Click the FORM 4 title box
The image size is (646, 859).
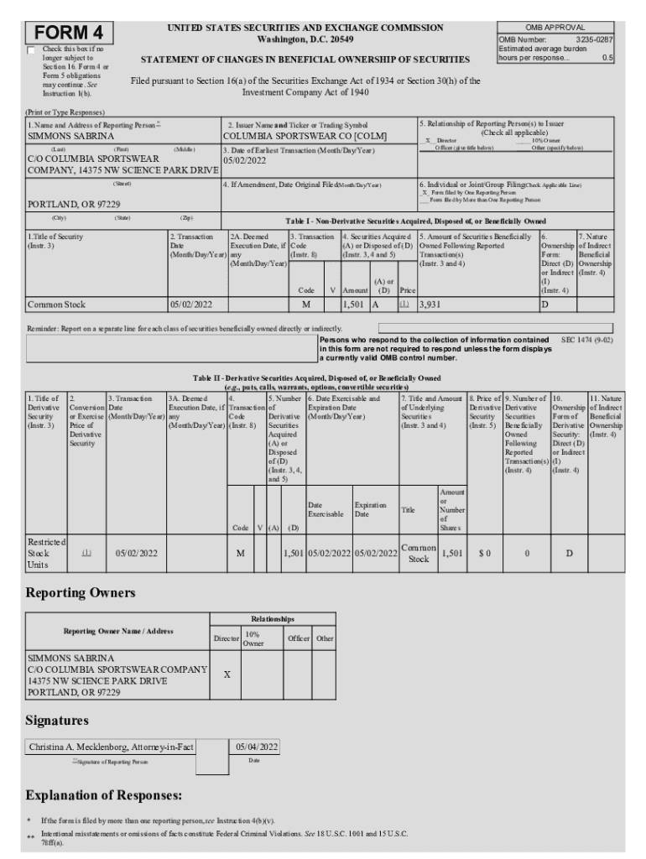(x=70, y=33)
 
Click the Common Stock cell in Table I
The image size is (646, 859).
(x=57, y=305)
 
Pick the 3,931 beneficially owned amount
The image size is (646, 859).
(x=430, y=305)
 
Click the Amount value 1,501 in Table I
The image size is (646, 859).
(x=355, y=305)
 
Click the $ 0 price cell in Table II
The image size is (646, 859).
(x=484, y=553)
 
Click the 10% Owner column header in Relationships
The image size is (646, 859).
(x=253, y=639)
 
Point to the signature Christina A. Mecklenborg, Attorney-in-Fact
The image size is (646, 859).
(x=112, y=747)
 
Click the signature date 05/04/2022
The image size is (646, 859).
(x=257, y=747)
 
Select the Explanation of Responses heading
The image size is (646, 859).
(x=105, y=794)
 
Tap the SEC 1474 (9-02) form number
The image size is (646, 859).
(x=586, y=341)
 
